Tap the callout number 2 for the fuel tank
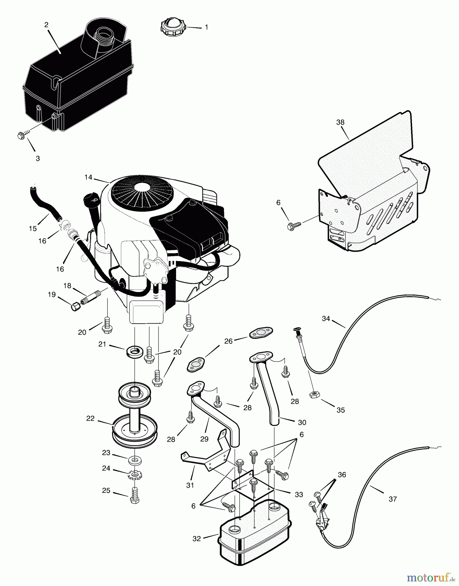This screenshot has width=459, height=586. (x=46, y=25)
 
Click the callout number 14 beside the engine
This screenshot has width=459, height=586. (x=88, y=177)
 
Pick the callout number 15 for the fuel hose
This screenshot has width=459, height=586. (x=33, y=229)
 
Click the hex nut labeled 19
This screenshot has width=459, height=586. (x=76, y=306)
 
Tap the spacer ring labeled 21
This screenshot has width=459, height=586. (x=135, y=352)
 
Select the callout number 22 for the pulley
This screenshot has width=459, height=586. (x=90, y=418)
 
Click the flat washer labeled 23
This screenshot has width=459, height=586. (x=134, y=461)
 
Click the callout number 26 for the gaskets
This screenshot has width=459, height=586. (x=229, y=341)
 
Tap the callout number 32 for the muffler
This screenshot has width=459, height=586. (x=197, y=538)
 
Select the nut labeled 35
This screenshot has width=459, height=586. (x=314, y=395)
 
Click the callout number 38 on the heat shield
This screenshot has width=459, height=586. (x=340, y=122)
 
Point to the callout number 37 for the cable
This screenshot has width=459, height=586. (x=392, y=499)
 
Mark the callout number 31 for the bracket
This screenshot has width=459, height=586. (x=190, y=485)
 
